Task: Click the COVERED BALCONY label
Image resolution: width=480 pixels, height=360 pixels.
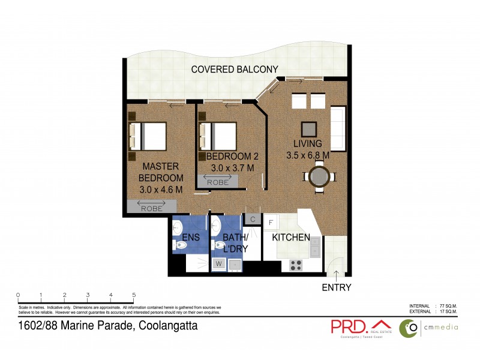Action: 235,70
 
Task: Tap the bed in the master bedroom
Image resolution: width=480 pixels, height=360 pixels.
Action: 148,136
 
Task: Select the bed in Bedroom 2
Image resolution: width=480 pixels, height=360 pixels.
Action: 218,135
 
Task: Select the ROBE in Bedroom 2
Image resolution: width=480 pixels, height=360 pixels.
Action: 217,182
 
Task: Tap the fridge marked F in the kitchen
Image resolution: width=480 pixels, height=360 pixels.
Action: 271,223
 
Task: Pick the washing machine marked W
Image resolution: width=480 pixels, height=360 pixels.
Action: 218,263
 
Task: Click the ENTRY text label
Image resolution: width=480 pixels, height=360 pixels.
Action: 337,287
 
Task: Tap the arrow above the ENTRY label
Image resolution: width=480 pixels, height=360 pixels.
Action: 337,275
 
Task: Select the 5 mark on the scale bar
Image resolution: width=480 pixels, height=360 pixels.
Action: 134,295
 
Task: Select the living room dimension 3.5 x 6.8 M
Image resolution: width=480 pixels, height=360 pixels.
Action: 307,155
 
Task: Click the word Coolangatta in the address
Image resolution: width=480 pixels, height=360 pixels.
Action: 169,327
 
